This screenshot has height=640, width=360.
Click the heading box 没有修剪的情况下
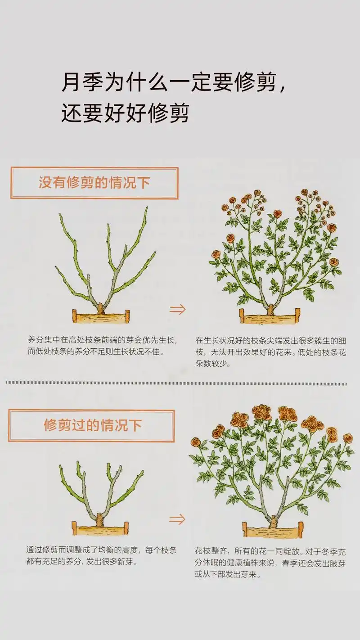[94, 183]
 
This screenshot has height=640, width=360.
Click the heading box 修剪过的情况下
[91, 425]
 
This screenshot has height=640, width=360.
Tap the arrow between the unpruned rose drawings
[177, 310]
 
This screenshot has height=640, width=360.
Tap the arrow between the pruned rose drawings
[177, 519]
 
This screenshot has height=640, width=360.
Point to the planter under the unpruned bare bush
[101, 317]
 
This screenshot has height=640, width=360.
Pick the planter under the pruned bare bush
[99, 528]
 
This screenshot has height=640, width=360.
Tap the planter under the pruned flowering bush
[273, 530]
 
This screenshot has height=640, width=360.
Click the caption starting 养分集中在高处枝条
[102, 345]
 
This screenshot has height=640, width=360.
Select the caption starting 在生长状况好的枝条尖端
[270, 352]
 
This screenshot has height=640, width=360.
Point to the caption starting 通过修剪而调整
[101, 555]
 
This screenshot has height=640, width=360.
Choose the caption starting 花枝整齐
[270, 563]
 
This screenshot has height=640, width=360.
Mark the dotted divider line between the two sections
[176, 383]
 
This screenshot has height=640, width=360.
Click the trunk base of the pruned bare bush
[99, 519]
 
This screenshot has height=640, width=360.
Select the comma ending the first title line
[282, 88]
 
